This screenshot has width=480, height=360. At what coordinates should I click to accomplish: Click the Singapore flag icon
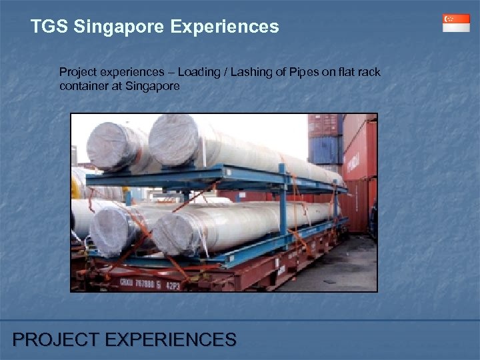coord(456,23)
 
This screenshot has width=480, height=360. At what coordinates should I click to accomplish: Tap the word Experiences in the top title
coord(225,27)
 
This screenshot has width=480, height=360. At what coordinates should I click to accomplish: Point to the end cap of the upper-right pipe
coord(170,139)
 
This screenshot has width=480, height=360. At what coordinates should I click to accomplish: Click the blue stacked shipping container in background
coord(326,150)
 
